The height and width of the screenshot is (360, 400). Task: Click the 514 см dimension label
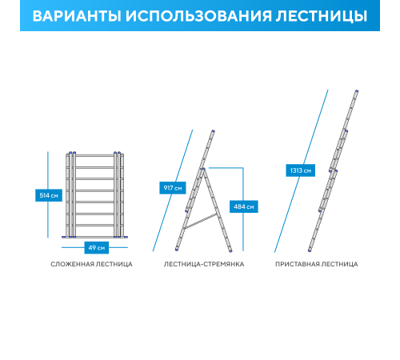tap(49, 195)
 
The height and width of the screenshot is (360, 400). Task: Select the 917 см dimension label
tap(173, 188)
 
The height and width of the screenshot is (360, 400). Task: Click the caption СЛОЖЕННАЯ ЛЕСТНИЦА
tap(91, 263)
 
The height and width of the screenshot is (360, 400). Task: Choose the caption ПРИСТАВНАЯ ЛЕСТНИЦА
tap(317, 263)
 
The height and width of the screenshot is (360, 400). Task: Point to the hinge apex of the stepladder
tap(203, 168)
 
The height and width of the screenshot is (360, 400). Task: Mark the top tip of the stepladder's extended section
tap(214, 130)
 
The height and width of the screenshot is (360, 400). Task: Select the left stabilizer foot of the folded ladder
tap(69, 237)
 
